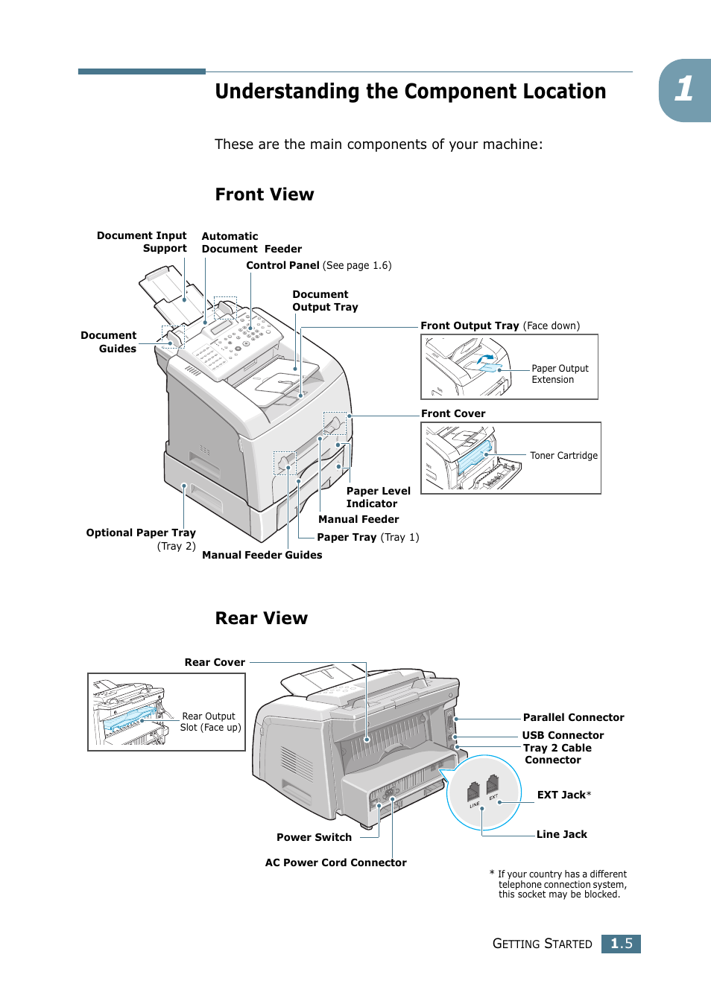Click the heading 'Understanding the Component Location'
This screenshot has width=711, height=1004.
tap(410, 92)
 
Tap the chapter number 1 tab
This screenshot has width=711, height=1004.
tap(684, 89)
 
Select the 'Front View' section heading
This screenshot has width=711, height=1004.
tap(265, 194)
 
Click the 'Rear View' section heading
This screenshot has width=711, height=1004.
tap(261, 618)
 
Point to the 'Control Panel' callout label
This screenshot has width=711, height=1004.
tap(283, 265)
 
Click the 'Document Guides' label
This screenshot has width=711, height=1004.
tap(109, 342)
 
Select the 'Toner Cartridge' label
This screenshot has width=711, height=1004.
tap(563, 456)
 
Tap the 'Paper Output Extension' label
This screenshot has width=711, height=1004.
tap(560, 374)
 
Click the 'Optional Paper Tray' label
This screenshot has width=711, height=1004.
tap(141, 533)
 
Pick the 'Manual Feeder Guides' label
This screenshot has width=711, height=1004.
tap(262, 555)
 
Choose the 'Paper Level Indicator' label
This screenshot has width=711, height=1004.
tap(378, 498)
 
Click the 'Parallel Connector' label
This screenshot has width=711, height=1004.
tap(573, 717)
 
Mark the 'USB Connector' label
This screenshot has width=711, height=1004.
tap(563, 735)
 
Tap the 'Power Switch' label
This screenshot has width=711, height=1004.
tap(314, 837)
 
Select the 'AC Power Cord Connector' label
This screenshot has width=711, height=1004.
tap(335, 862)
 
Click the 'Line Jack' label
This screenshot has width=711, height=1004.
tap(561, 834)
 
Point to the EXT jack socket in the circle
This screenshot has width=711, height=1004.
tap(492, 784)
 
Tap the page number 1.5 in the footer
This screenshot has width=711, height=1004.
tap(621, 944)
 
